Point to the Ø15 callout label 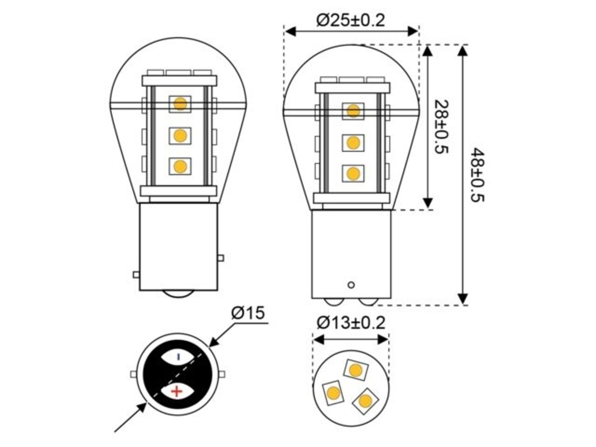[x=248, y=313]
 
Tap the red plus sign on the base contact [x=177, y=391]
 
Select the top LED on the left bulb [x=180, y=104]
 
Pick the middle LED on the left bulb [x=180, y=135]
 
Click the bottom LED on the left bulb [x=180, y=166]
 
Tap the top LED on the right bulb [x=353, y=111]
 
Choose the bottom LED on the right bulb [x=353, y=174]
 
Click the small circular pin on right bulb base [x=352, y=284]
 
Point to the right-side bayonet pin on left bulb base [x=221, y=258]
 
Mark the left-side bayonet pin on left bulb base [x=136, y=275]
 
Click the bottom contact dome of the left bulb [x=178, y=294]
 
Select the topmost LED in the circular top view [x=356, y=370]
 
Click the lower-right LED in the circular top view [x=365, y=400]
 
